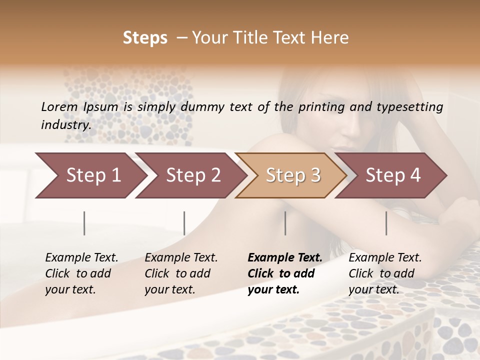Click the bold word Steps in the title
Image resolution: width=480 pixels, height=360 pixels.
[x=145, y=38]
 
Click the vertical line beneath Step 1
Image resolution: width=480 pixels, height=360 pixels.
[x=84, y=223]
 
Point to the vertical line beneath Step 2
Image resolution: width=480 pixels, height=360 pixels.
[x=184, y=223]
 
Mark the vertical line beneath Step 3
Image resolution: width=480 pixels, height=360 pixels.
[x=285, y=223]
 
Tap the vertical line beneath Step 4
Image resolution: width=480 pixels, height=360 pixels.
[x=386, y=223]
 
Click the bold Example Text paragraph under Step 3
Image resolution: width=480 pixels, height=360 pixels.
[x=285, y=273]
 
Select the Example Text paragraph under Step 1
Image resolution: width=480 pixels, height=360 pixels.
[x=81, y=273]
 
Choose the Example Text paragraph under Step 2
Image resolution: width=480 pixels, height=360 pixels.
[x=181, y=273]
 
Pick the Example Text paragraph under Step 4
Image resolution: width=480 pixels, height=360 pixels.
[x=385, y=273]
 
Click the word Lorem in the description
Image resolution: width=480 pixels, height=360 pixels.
[x=59, y=107]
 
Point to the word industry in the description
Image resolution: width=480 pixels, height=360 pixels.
[x=66, y=125]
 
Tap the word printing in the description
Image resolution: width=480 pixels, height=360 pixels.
[x=320, y=107]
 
